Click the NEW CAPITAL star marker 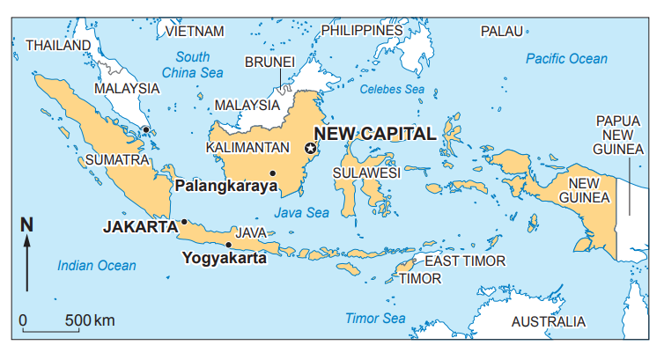(x=309, y=149)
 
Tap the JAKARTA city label (x=140, y=226)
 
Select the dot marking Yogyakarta (x=229, y=245)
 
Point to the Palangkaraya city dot (x=273, y=173)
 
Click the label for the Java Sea (x=301, y=212)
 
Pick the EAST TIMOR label (x=465, y=261)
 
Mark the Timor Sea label (x=375, y=318)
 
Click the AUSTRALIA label (x=548, y=321)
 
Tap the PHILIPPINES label (x=361, y=30)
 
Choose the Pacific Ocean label (x=566, y=59)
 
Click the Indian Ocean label (x=97, y=265)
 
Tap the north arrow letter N (x=26, y=224)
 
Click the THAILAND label (x=58, y=45)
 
